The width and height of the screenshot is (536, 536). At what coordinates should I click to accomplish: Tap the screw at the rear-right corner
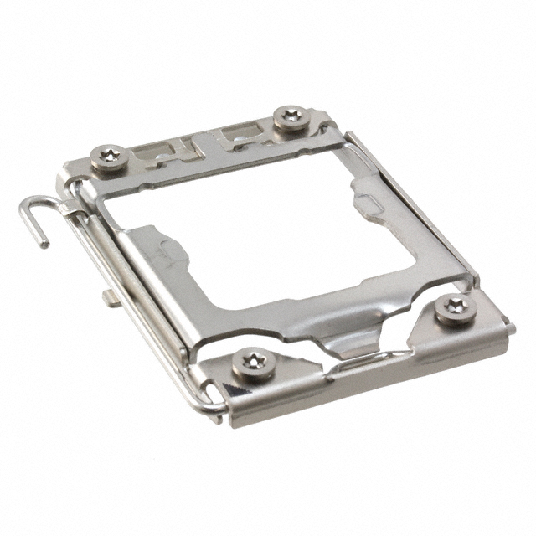[290, 116]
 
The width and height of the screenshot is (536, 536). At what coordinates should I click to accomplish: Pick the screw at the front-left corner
[251, 363]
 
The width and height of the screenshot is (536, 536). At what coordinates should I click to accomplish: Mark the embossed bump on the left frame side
[166, 251]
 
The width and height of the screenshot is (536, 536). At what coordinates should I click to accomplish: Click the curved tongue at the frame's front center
[344, 345]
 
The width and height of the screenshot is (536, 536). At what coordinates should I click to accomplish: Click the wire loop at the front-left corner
[209, 405]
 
